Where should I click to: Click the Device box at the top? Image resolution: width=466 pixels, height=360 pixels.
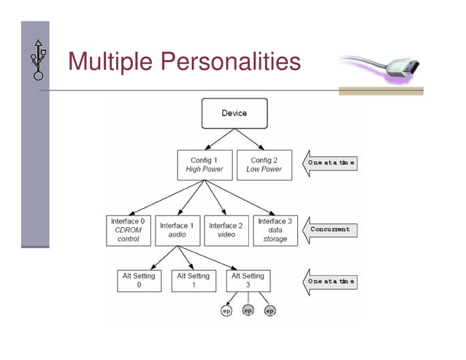click(x=234, y=113)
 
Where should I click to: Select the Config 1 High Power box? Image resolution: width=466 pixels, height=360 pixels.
click(x=205, y=165)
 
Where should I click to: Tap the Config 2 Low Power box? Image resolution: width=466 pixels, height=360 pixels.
click(x=264, y=165)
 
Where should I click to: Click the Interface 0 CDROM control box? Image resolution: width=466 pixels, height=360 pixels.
click(x=129, y=229)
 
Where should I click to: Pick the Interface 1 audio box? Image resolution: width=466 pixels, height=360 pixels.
click(x=177, y=230)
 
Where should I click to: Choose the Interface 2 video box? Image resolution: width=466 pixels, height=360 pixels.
click(x=226, y=230)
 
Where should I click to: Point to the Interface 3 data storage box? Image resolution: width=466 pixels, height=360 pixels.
click(x=275, y=230)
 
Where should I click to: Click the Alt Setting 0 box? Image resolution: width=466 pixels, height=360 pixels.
click(x=140, y=280)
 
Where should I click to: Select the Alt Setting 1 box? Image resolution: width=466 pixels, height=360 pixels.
click(x=193, y=280)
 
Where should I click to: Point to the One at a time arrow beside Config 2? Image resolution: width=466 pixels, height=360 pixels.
click(x=331, y=164)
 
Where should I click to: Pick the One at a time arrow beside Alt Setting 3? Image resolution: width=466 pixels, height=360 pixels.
click(x=330, y=281)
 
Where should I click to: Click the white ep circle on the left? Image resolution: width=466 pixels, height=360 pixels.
click(x=226, y=311)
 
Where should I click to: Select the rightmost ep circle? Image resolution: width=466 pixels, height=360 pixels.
click(x=270, y=311)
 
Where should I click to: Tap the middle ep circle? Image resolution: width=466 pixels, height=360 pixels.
click(x=248, y=311)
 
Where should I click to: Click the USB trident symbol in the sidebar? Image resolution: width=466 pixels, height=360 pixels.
click(x=38, y=59)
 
